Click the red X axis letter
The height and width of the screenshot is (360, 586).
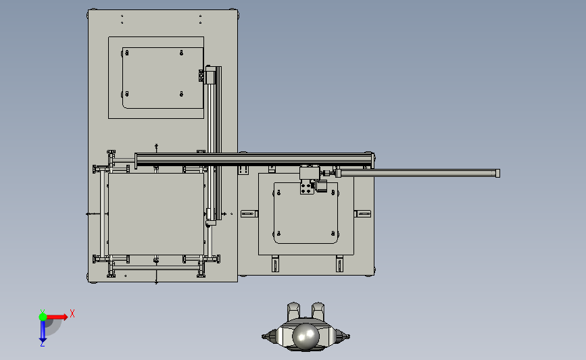tap(72, 313)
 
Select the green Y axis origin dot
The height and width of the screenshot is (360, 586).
tap(43, 317)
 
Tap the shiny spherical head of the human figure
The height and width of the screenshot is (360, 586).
tap(306, 336)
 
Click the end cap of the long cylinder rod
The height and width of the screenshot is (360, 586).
tap(497, 174)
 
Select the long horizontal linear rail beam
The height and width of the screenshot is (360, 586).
tap(253, 159)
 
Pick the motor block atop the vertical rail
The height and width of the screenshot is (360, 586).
tap(210, 75)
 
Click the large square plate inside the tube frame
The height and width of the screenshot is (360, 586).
tap(156, 214)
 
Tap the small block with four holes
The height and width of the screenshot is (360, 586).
tap(306, 187)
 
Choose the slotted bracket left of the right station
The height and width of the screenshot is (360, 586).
tap(249, 213)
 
